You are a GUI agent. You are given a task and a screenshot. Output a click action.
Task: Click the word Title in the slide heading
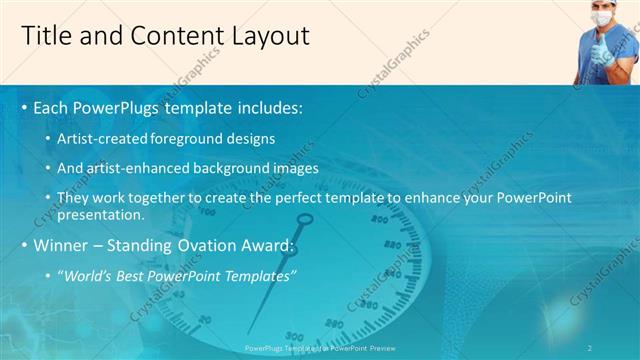[46, 37]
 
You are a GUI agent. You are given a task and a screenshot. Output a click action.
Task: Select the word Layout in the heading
[268, 37]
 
